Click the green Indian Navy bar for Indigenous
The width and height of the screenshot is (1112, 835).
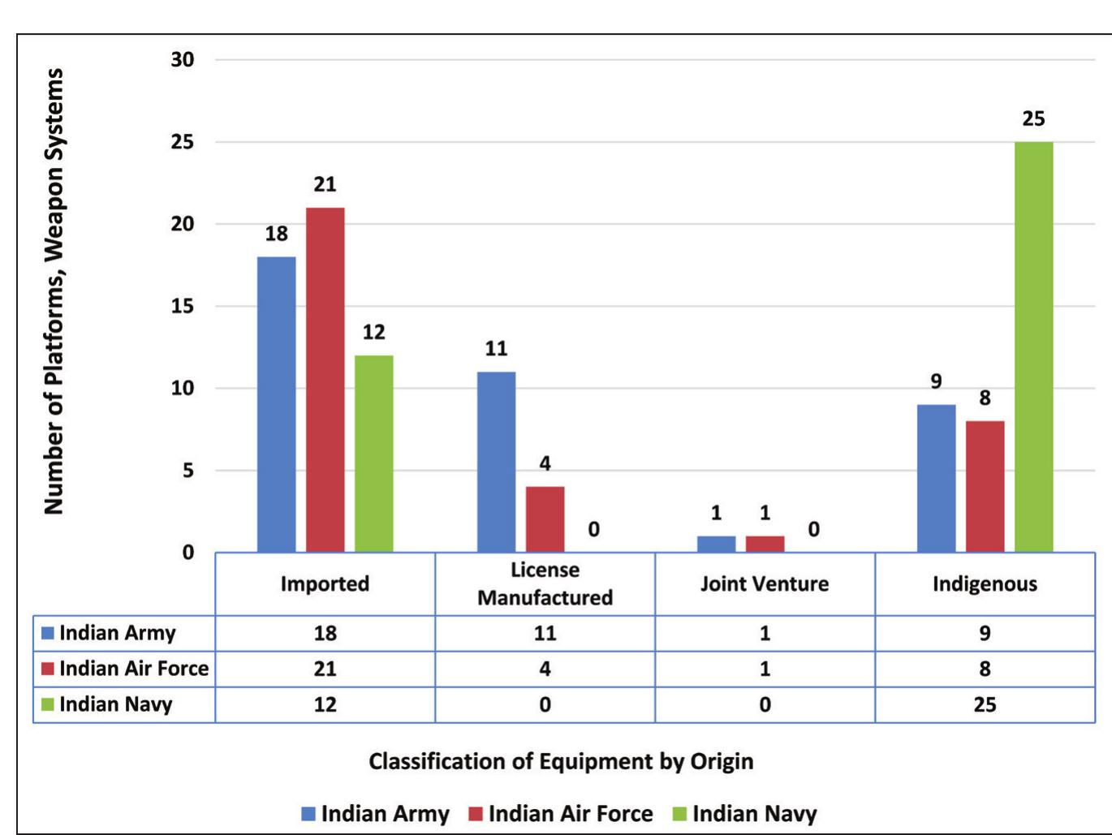click(x=1033, y=347)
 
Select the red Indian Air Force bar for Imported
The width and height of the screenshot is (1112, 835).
click(x=325, y=380)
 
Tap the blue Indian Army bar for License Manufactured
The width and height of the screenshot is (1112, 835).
click(x=496, y=462)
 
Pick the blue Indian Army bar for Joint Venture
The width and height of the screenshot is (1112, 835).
click(x=716, y=544)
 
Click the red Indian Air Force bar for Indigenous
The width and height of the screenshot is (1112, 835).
click(x=985, y=486)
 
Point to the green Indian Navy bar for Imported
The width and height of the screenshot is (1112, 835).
click(x=373, y=454)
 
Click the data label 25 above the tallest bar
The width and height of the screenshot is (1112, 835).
click(x=1033, y=119)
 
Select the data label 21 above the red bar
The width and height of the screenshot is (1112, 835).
click(x=325, y=185)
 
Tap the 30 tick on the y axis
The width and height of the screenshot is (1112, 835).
click(x=183, y=59)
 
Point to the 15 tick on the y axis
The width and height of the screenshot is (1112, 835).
click(x=183, y=306)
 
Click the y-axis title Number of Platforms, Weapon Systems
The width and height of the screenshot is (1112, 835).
click(x=54, y=291)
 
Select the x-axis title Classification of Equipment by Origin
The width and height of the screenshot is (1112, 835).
click(x=561, y=761)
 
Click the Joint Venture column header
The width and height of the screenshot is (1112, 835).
click(x=765, y=584)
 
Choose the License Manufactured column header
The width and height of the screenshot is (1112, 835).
click(x=545, y=583)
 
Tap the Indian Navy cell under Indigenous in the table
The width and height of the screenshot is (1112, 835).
click(x=985, y=704)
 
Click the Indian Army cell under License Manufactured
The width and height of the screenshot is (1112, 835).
click(x=545, y=633)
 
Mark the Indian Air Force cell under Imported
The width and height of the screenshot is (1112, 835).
click(x=325, y=669)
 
